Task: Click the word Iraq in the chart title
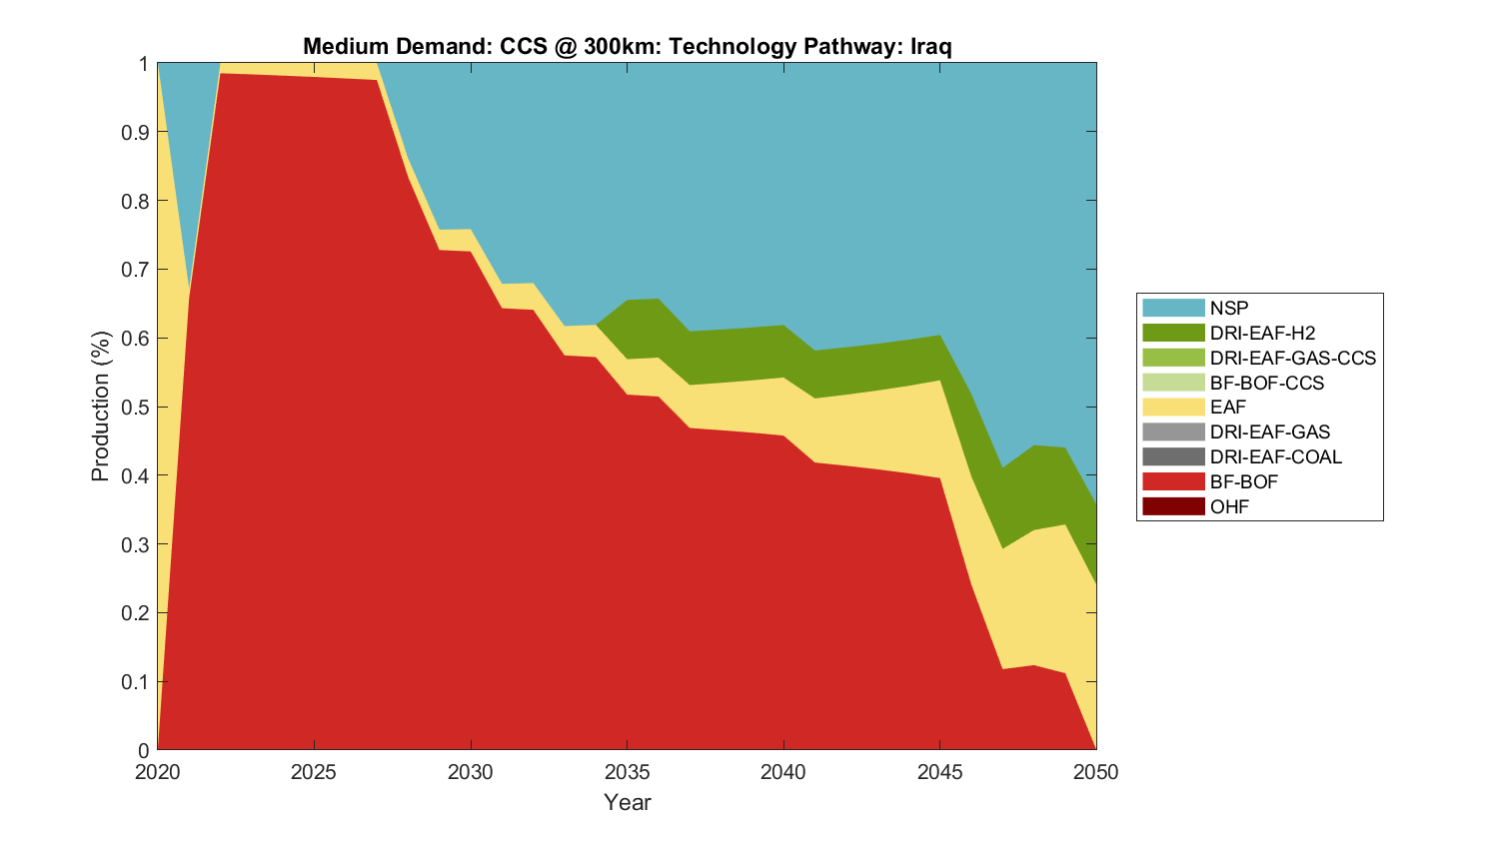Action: pyautogui.click(x=930, y=47)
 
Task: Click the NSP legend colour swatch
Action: pyautogui.click(x=1172, y=308)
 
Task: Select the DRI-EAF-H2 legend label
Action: pyautogui.click(x=1262, y=333)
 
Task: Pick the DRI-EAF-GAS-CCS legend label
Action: pyautogui.click(x=1292, y=358)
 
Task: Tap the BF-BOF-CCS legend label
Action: pyautogui.click(x=1266, y=383)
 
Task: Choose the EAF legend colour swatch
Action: pyautogui.click(x=1172, y=407)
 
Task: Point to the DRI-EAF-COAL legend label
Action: pyautogui.click(x=1275, y=456)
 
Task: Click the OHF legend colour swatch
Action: pyautogui.click(x=1172, y=506)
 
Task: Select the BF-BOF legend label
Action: pyautogui.click(x=1243, y=481)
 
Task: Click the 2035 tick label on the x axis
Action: pyautogui.click(x=627, y=772)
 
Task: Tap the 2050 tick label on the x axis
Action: pyautogui.click(x=1096, y=772)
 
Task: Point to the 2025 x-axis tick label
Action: pyautogui.click(x=314, y=772)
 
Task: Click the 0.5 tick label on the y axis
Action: pyautogui.click(x=137, y=408)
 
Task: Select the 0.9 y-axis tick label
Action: pyautogui.click(x=137, y=133)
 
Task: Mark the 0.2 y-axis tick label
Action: pyautogui.click(x=137, y=613)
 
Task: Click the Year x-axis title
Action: pyautogui.click(x=627, y=802)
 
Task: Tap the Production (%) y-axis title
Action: pyautogui.click(x=100, y=407)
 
